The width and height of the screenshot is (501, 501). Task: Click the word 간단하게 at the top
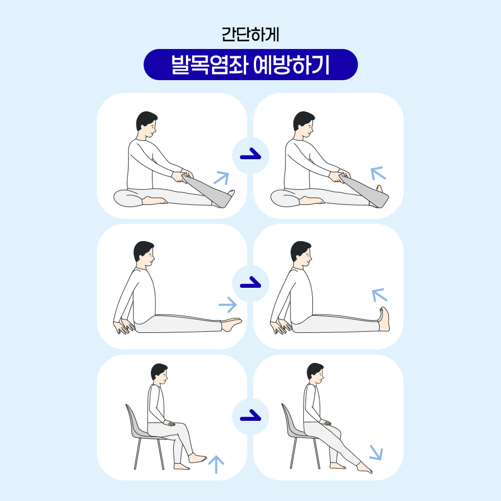pyautogui.click(x=250, y=35)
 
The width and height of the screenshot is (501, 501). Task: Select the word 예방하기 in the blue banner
pyautogui.click(x=291, y=65)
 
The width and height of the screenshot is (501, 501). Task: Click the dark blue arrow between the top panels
pyautogui.click(x=250, y=154)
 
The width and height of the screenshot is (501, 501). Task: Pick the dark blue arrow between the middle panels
pyautogui.click(x=250, y=282)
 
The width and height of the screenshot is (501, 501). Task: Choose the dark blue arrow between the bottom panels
pyautogui.click(x=250, y=415)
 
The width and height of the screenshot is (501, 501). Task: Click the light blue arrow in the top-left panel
pyautogui.click(x=222, y=178)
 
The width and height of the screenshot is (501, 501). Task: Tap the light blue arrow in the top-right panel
pyautogui.click(x=378, y=173)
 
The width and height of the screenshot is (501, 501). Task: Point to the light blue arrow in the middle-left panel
pyautogui.click(x=228, y=305)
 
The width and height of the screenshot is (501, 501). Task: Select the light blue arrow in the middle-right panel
pyautogui.click(x=380, y=295)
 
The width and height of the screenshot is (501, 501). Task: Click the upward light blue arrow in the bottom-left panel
pyautogui.click(x=217, y=464)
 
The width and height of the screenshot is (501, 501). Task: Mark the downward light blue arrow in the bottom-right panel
pyautogui.click(x=376, y=453)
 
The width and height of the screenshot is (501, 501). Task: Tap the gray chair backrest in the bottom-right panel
pyautogui.click(x=287, y=419)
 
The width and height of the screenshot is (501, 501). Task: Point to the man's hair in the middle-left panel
pyautogui.click(x=143, y=250)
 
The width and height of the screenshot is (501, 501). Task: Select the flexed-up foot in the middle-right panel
pyautogui.click(x=384, y=319)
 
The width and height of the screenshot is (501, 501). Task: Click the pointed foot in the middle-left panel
pyautogui.click(x=232, y=323)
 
